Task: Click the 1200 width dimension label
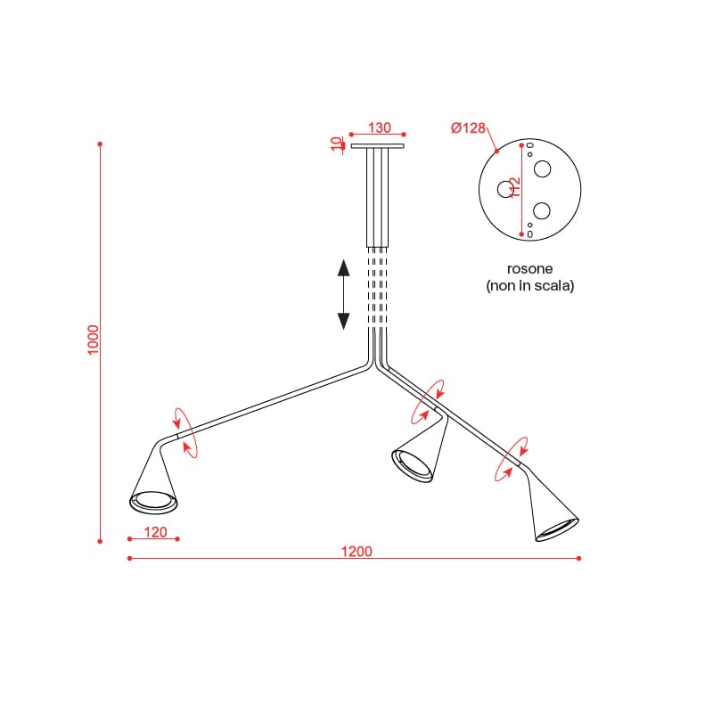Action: pos(356,552)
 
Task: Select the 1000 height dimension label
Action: pos(93,340)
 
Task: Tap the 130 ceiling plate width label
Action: pos(380,127)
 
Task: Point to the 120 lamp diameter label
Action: pos(155,532)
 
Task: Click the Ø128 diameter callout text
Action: pos(469,127)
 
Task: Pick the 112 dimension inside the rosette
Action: pos(514,187)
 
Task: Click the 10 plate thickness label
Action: pos(337,143)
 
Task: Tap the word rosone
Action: pos(529,269)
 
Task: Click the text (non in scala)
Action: pos(530,285)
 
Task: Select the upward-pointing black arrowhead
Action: pos(343,268)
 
